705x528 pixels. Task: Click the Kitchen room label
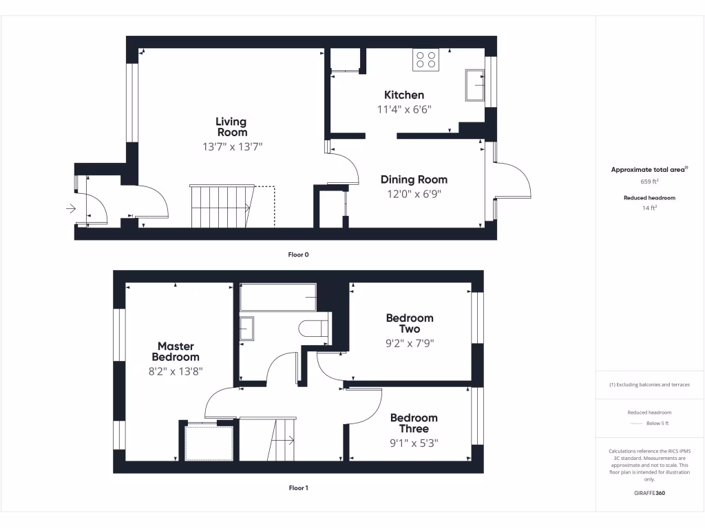(404, 95)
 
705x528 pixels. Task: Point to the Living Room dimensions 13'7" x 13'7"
(232, 146)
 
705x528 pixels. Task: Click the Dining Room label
(414, 179)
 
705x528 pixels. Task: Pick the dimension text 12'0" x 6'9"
(414, 194)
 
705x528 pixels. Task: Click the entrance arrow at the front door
(71, 209)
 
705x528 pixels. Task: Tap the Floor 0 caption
(298, 254)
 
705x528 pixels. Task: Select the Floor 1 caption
(298, 488)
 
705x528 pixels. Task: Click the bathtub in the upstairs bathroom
(277, 297)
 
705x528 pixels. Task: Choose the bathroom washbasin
(246, 328)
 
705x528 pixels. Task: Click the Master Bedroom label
(176, 351)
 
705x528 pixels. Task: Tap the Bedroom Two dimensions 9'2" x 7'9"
(410, 343)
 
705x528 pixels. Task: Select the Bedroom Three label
(413, 423)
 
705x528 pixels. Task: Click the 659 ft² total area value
(650, 182)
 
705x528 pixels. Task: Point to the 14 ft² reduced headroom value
(650, 208)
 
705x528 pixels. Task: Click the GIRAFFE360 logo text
(650, 493)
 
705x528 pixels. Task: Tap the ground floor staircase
(222, 206)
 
